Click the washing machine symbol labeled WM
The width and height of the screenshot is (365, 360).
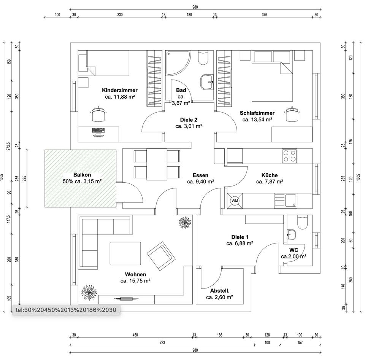coord(235,201)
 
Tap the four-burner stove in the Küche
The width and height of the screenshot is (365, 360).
coord(289,156)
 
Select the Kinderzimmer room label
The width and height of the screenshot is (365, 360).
coord(120,90)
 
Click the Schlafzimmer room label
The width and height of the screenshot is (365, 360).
coord(257,113)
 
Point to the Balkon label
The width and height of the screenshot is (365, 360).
coord(82,175)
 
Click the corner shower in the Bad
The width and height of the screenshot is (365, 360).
coord(178,63)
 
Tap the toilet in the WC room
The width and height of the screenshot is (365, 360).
coord(302,222)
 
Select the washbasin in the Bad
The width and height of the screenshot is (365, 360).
coord(207,82)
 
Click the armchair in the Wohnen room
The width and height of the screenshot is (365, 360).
coord(161,256)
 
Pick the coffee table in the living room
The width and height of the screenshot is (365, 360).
coord(125,253)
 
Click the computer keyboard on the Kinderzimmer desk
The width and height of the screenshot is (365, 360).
coord(98,130)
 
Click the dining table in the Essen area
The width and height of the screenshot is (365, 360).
coord(157,164)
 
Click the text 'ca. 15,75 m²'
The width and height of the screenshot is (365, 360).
coord(135,281)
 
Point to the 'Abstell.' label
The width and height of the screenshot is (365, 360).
coord(219,291)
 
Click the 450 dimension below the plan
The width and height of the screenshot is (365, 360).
coord(135,335)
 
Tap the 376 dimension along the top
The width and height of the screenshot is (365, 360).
coord(264,15)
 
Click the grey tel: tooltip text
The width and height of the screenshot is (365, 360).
coord(66,310)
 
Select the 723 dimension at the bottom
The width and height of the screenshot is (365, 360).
coord(162,342)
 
